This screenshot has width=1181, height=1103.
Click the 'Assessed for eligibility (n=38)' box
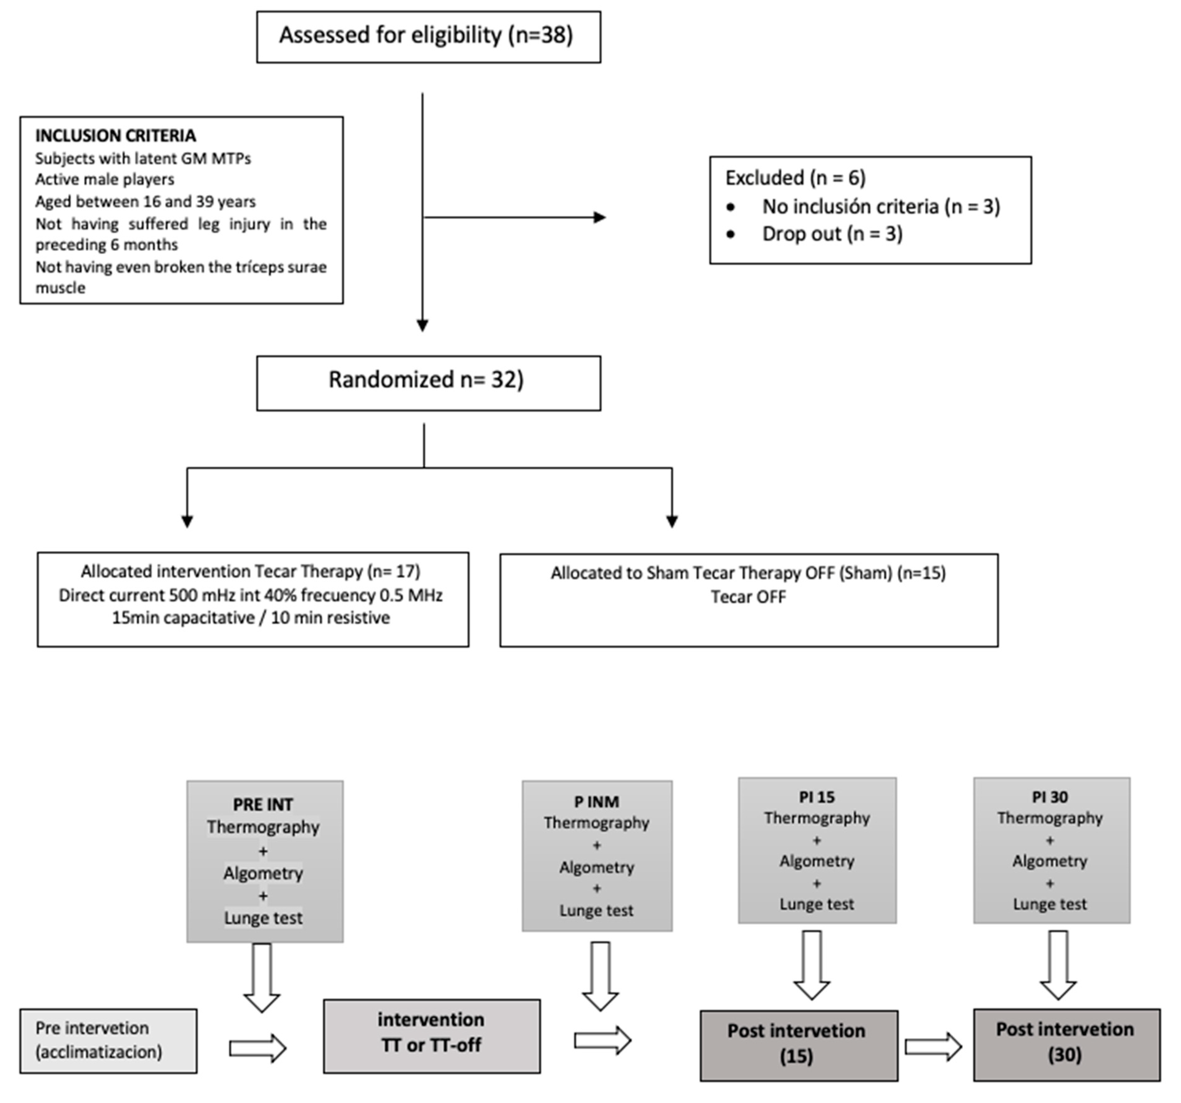pos(428,37)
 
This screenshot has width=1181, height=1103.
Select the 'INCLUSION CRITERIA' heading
pos(115,136)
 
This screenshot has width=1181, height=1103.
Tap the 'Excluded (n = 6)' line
pos(796,178)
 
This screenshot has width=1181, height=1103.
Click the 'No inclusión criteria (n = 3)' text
pos(881,206)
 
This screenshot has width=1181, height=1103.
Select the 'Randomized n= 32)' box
pos(428,383)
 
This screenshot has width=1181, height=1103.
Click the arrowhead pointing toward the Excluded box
pos(600,218)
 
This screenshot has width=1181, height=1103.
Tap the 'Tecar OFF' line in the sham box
pos(748,597)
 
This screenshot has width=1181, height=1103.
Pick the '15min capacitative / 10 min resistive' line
pos(251,618)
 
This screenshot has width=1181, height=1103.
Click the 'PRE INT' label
pos(263,805)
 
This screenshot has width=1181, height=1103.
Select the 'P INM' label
pos(596,802)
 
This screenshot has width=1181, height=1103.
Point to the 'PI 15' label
pos(817,797)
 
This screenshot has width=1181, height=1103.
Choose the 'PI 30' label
pos(1050,797)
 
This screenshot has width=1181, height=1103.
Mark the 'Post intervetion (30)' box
pos(1066,1044)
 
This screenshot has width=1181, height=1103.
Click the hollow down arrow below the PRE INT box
pos(262,977)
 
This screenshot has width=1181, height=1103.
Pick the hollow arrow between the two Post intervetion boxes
pos(933,1047)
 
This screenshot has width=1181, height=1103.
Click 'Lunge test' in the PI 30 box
pos(1050,904)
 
